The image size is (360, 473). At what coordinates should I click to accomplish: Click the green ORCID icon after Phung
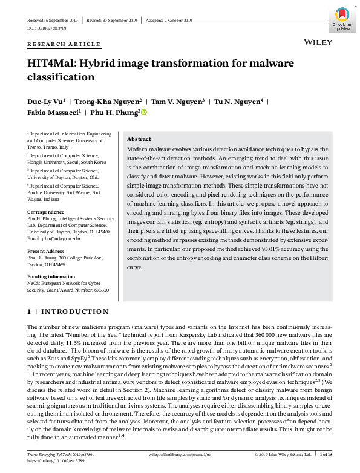click(144, 112)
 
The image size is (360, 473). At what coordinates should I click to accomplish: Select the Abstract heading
click(139, 139)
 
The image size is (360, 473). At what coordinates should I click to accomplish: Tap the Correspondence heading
click(46, 212)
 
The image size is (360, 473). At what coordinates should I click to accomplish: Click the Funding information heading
click(53, 276)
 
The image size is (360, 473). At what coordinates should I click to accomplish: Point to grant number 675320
click(99, 290)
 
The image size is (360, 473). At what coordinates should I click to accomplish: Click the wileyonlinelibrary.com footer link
click(180, 454)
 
